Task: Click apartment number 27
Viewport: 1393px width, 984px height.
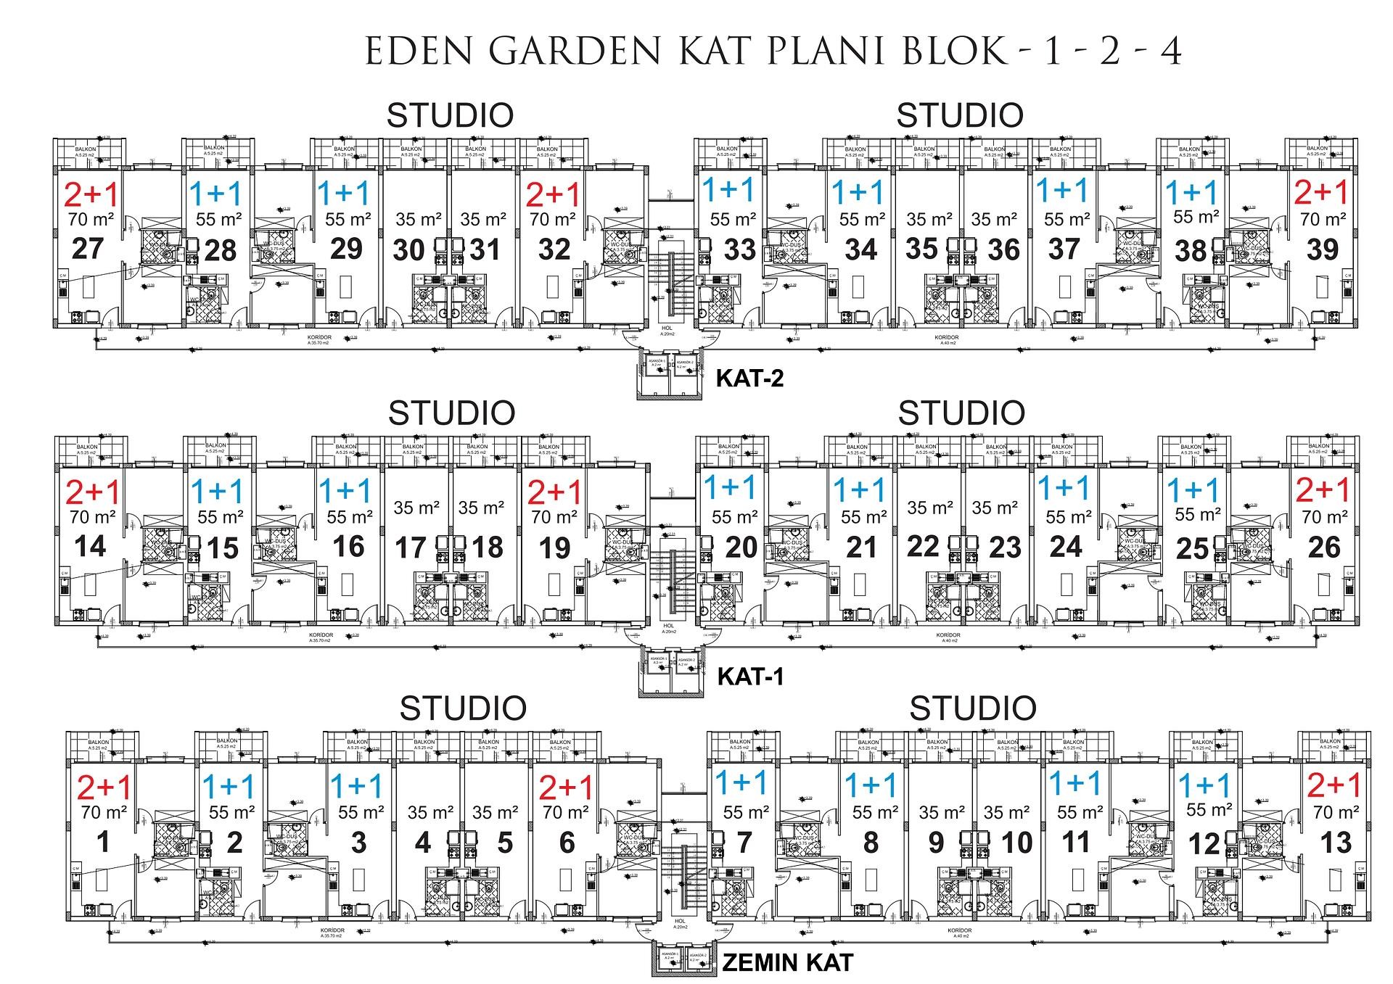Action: (88, 248)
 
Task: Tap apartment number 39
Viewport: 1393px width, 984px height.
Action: (1322, 249)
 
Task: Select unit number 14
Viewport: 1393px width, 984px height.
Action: (90, 546)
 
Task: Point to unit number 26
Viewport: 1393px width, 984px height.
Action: (1323, 547)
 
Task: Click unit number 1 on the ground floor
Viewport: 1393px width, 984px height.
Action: (103, 842)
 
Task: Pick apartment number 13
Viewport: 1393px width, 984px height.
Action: (1336, 843)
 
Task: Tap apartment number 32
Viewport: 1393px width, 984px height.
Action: (554, 249)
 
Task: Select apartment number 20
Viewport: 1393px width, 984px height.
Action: (741, 547)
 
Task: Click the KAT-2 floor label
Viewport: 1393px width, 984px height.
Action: (749, 379)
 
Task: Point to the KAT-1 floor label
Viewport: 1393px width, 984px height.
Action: (750, 677)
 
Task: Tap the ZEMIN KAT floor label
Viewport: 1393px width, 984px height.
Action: (787, 963)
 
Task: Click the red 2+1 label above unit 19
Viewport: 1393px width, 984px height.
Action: (555, 493)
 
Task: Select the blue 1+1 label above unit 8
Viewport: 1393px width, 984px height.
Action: (871, 784)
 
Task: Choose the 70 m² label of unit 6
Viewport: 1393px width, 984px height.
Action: (566, 813)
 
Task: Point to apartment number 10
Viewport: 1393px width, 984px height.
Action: (1016, 843)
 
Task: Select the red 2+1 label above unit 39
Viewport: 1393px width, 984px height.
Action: (1321, 193)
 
